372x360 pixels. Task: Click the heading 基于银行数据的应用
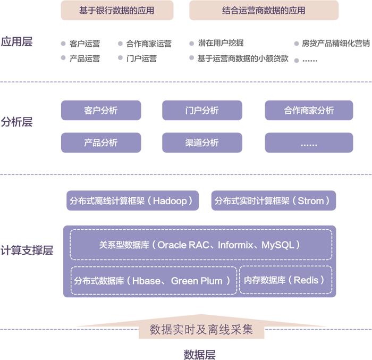click(116, 11)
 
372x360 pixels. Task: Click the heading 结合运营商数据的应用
click(263, 11)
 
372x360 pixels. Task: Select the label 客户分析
click(100, 111)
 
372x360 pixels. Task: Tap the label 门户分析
click(202, 111)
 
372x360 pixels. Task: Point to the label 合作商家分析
click(309, 111)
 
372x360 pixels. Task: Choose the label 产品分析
click(100, 143)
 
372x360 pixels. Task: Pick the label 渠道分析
click(202, 143)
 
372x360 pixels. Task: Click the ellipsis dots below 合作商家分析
click(309, 144)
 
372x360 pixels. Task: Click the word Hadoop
click(170, 201)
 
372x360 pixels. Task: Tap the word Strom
click(311, 201)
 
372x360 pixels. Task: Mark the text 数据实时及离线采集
click(201, 330)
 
